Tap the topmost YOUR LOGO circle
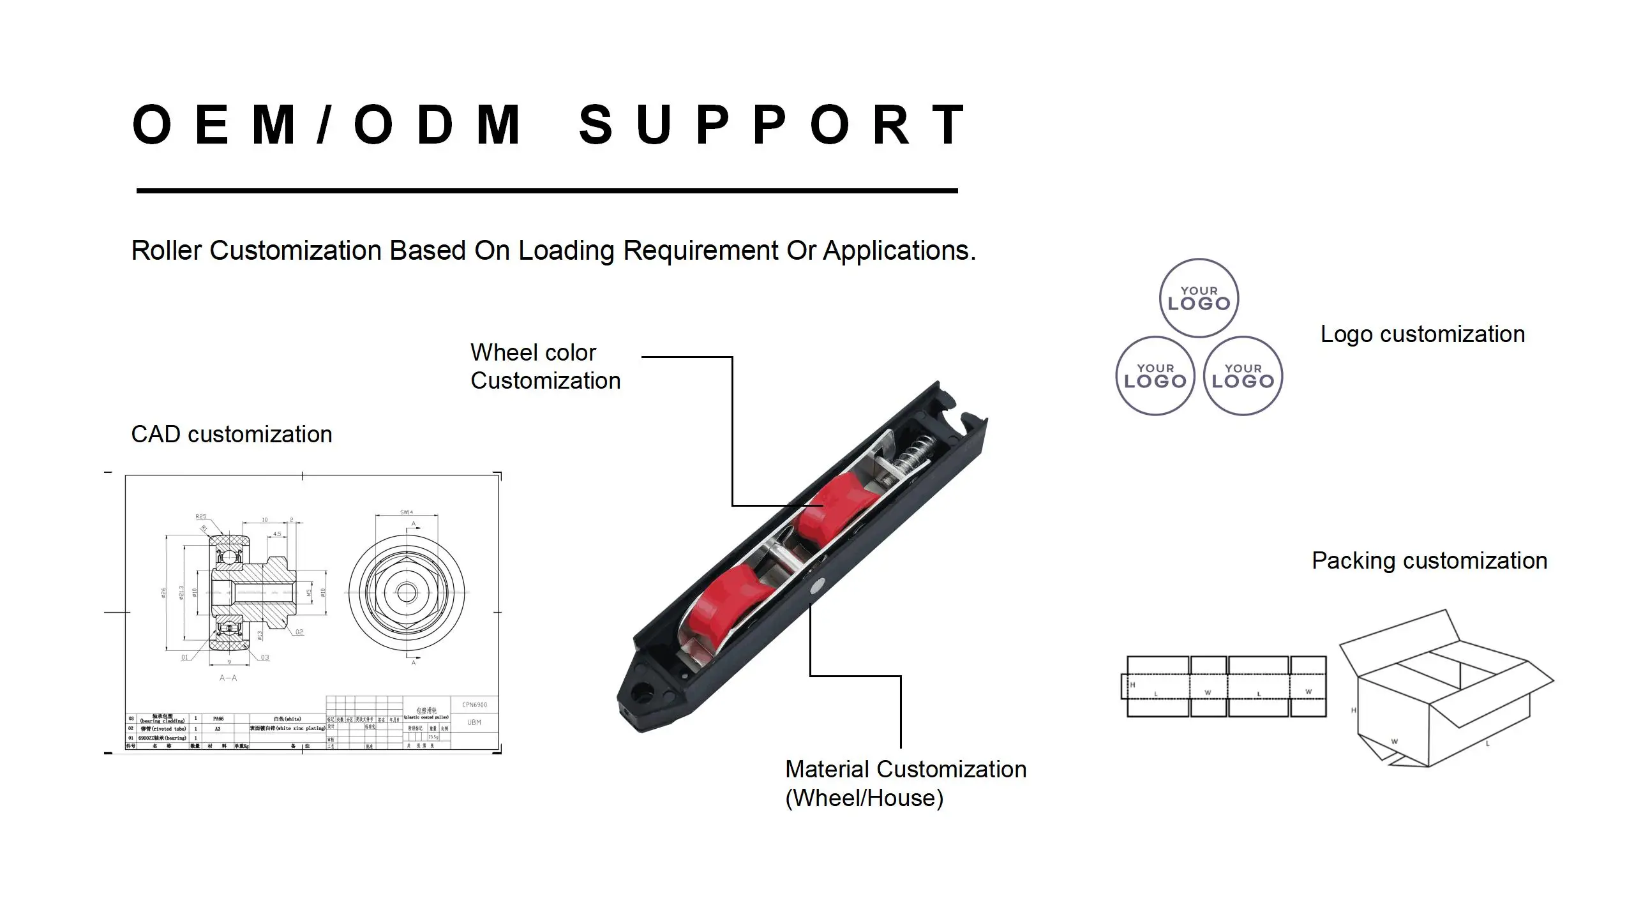click(1199, 298)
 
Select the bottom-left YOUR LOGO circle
click(1155, 376)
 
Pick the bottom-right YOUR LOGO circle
click(1243, 376)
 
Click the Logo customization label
click(1422, 334)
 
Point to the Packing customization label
click(1429, 561)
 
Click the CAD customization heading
click(231, 435)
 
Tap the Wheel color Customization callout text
click(545, 366)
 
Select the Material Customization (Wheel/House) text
click(905, 783)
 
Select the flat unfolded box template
click(1224, 686)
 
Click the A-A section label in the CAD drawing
click(228, 678)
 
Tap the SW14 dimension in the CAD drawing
click(407, 512)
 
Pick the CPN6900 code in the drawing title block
click(474, 705)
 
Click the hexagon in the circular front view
click(407, 592)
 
